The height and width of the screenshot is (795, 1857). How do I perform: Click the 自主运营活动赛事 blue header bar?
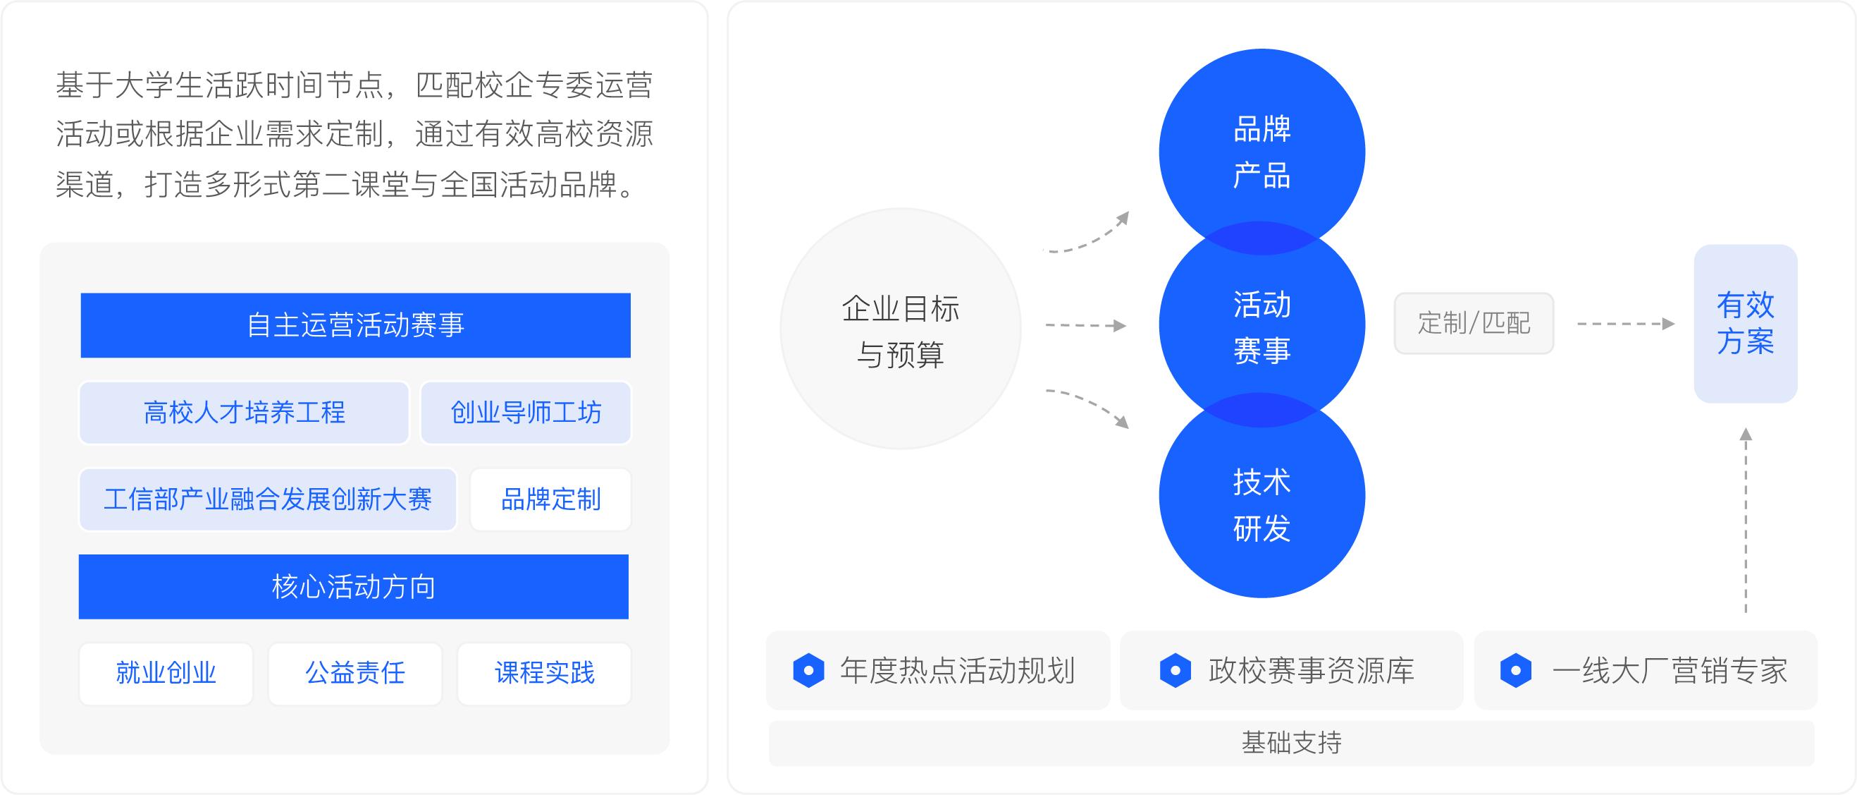355,324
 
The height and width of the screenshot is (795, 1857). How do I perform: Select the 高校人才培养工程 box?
245,413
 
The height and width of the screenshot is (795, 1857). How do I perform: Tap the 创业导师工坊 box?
526,413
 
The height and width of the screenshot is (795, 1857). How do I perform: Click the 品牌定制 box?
550,499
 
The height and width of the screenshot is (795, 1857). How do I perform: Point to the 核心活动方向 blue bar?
353,586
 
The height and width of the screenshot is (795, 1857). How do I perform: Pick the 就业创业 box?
166,673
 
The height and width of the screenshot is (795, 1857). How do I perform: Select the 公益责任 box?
355,673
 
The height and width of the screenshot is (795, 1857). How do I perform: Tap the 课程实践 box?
544,673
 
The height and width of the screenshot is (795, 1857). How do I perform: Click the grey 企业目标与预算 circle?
901,329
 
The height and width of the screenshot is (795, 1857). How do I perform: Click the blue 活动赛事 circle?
1261,324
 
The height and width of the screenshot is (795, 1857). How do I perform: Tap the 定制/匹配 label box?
1474,323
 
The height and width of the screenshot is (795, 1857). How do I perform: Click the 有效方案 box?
1745,323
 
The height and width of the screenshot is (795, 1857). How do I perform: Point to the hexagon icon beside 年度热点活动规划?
809,670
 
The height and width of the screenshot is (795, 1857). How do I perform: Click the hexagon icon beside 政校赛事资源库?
1175,670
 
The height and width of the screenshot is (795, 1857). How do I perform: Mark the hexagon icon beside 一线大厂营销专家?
1516,670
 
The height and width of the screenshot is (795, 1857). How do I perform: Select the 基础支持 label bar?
1291,742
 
